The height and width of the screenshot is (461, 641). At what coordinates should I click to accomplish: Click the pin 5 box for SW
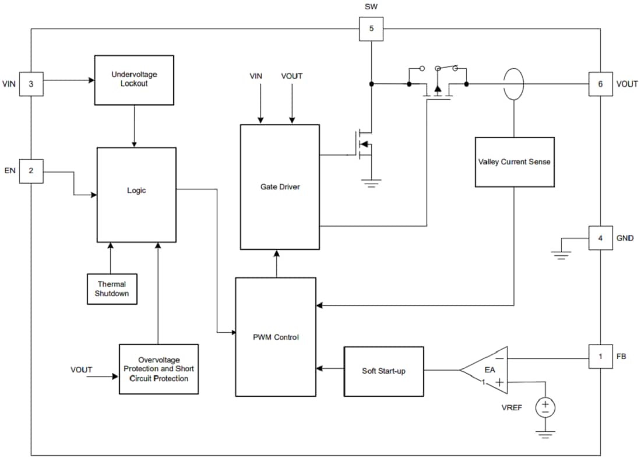point(371,29)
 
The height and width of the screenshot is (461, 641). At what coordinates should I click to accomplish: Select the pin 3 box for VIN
point(31,84)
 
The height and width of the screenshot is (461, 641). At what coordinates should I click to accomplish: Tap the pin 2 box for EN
point(31,171)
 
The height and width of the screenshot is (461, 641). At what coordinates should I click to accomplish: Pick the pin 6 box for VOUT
point(600,84)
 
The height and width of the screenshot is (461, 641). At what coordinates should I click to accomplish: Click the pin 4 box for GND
point(600,238)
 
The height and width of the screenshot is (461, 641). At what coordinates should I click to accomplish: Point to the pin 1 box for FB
point(600,357)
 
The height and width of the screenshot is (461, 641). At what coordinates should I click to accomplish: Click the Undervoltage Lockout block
point(134,80)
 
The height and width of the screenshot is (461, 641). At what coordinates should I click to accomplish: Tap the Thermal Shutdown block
point(112,288)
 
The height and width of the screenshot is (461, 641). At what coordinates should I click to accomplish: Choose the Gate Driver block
point(280,186)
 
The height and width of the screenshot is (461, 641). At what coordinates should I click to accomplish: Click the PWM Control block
point(276,337)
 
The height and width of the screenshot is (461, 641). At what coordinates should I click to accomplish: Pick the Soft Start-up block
point(383,371)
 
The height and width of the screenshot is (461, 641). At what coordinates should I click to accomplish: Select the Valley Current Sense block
point(515,162)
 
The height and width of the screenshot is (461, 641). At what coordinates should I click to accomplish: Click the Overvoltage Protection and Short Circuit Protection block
point(159,369)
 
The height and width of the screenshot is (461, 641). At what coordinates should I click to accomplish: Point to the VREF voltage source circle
point(545,407)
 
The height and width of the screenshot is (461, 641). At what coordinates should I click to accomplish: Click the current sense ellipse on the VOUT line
point(514,84)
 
